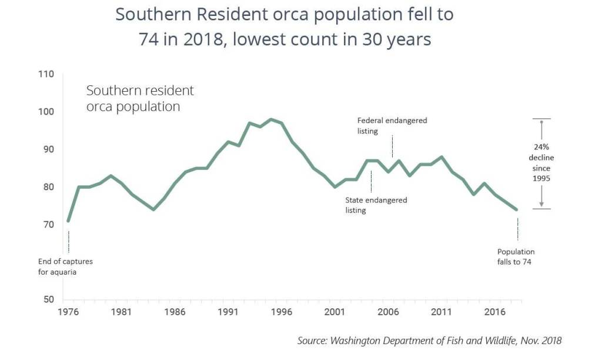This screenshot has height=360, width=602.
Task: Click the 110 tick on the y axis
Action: click(x=46, y=74)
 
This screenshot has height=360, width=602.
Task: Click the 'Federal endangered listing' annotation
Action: click(x=392, y=125)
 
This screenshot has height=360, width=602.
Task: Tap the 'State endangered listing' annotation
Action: click(x=376, y=205)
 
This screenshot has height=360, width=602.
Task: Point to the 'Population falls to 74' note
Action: click(x=516, y=256)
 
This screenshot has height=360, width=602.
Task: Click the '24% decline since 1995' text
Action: click(x=541, y=163)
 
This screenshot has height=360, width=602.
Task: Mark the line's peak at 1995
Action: click(x=270, y=119)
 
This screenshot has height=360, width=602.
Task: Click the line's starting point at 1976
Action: click(x=68, y=221)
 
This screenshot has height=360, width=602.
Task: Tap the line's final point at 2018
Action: click(x=516, y=209)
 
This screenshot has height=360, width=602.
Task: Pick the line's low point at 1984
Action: click(x=153, y=209)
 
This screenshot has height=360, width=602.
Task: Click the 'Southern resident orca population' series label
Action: click(x=140, y=99)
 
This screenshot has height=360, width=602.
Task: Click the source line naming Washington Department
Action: click(x=429, y=340)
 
